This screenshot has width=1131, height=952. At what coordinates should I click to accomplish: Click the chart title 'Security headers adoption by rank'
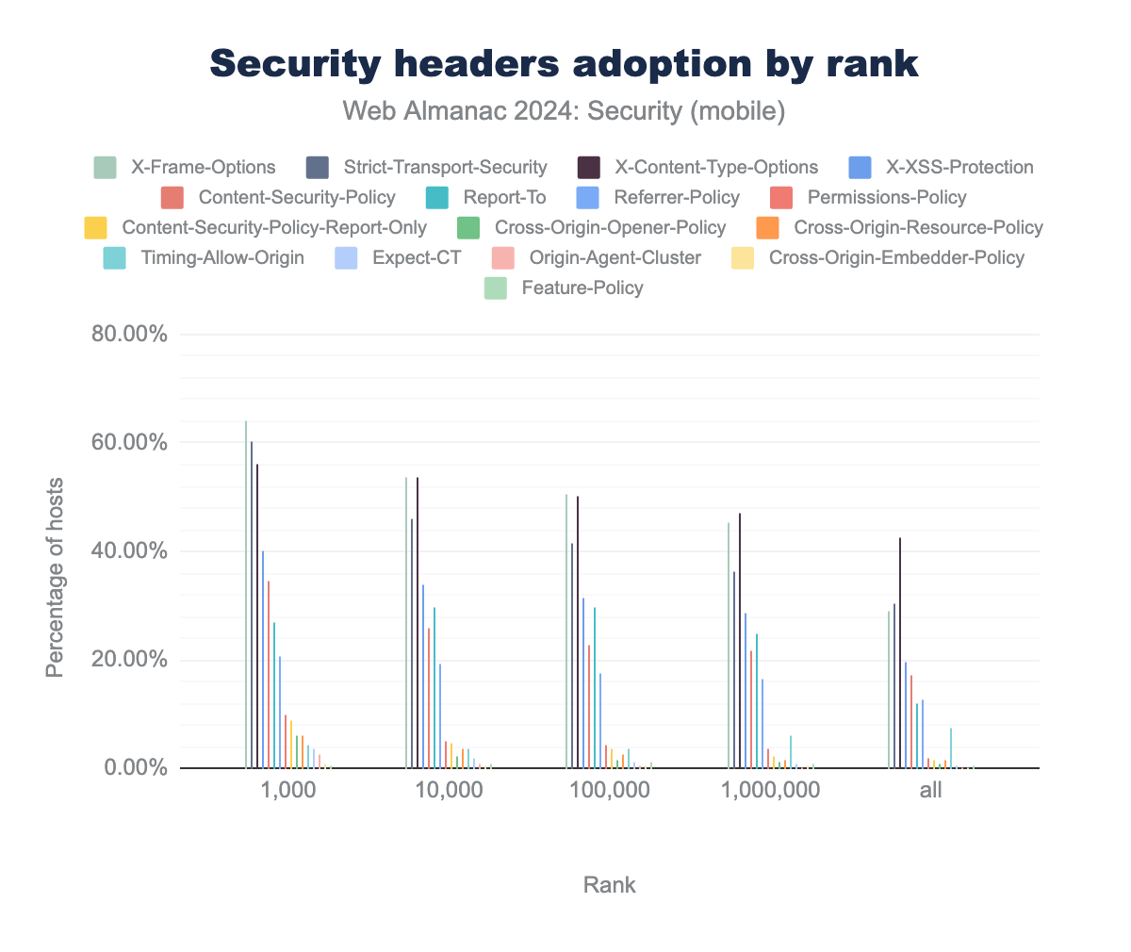(x=564, y=64)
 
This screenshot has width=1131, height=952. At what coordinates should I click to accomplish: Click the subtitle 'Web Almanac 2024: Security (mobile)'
(x=564, y=111)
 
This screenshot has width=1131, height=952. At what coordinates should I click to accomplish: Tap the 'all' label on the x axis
(x=930, y=791)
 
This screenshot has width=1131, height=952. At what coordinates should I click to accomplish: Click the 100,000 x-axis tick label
(x=609, y=791)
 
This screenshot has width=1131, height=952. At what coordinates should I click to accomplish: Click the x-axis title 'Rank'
(x=609, y=885)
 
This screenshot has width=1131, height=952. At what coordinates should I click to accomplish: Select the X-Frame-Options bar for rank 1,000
(x=246, y=594)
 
